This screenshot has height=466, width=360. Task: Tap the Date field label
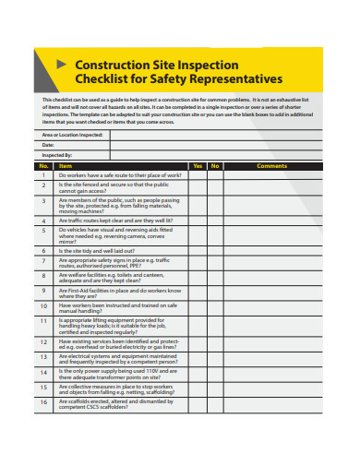[x=48, y=145]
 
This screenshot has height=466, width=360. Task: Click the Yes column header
[x=197, y=165]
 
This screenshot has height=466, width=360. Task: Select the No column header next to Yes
[x=214, y=165]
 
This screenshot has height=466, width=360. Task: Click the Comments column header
[x=271, y=165]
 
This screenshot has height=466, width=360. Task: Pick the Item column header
[x=65, y=165]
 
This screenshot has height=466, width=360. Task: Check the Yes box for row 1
[x=197, y=174]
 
